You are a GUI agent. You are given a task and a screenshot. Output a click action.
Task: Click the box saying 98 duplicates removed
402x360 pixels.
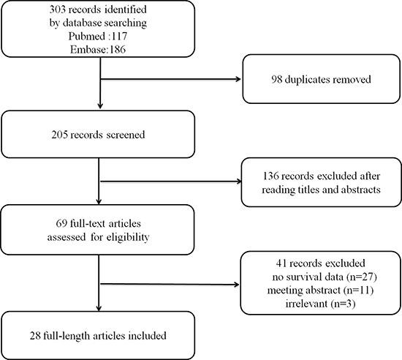(319, 78)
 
